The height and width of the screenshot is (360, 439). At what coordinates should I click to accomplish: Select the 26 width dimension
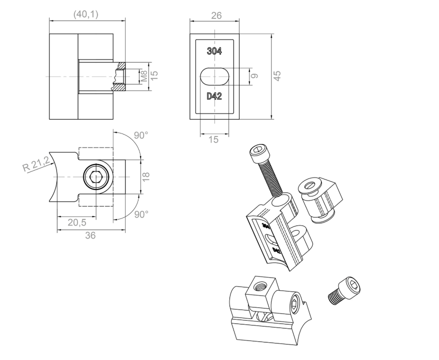point(215,15)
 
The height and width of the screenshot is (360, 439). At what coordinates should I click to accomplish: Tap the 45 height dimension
point(278,75)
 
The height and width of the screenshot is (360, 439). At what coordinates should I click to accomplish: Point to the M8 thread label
point(143,76)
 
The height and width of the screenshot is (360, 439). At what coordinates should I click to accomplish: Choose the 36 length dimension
point(90,236)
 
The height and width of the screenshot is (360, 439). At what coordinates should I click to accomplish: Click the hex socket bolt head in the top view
point(96,177)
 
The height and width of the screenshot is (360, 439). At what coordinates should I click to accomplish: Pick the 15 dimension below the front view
point(213,140)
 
